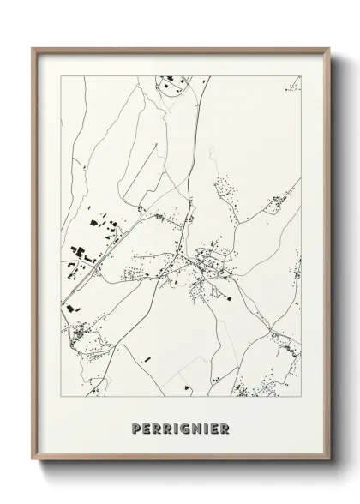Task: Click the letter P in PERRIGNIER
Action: (x=137, y=429)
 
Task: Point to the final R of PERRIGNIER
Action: (x=225, y=429)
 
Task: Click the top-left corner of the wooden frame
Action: (x=33, y=48)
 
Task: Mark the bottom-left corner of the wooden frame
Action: (x=33, y=462)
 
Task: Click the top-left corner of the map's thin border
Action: (x=60, y=75)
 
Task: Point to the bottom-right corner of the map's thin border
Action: (x=302, y=397)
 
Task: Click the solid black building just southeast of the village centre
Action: (x=228, y=297)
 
